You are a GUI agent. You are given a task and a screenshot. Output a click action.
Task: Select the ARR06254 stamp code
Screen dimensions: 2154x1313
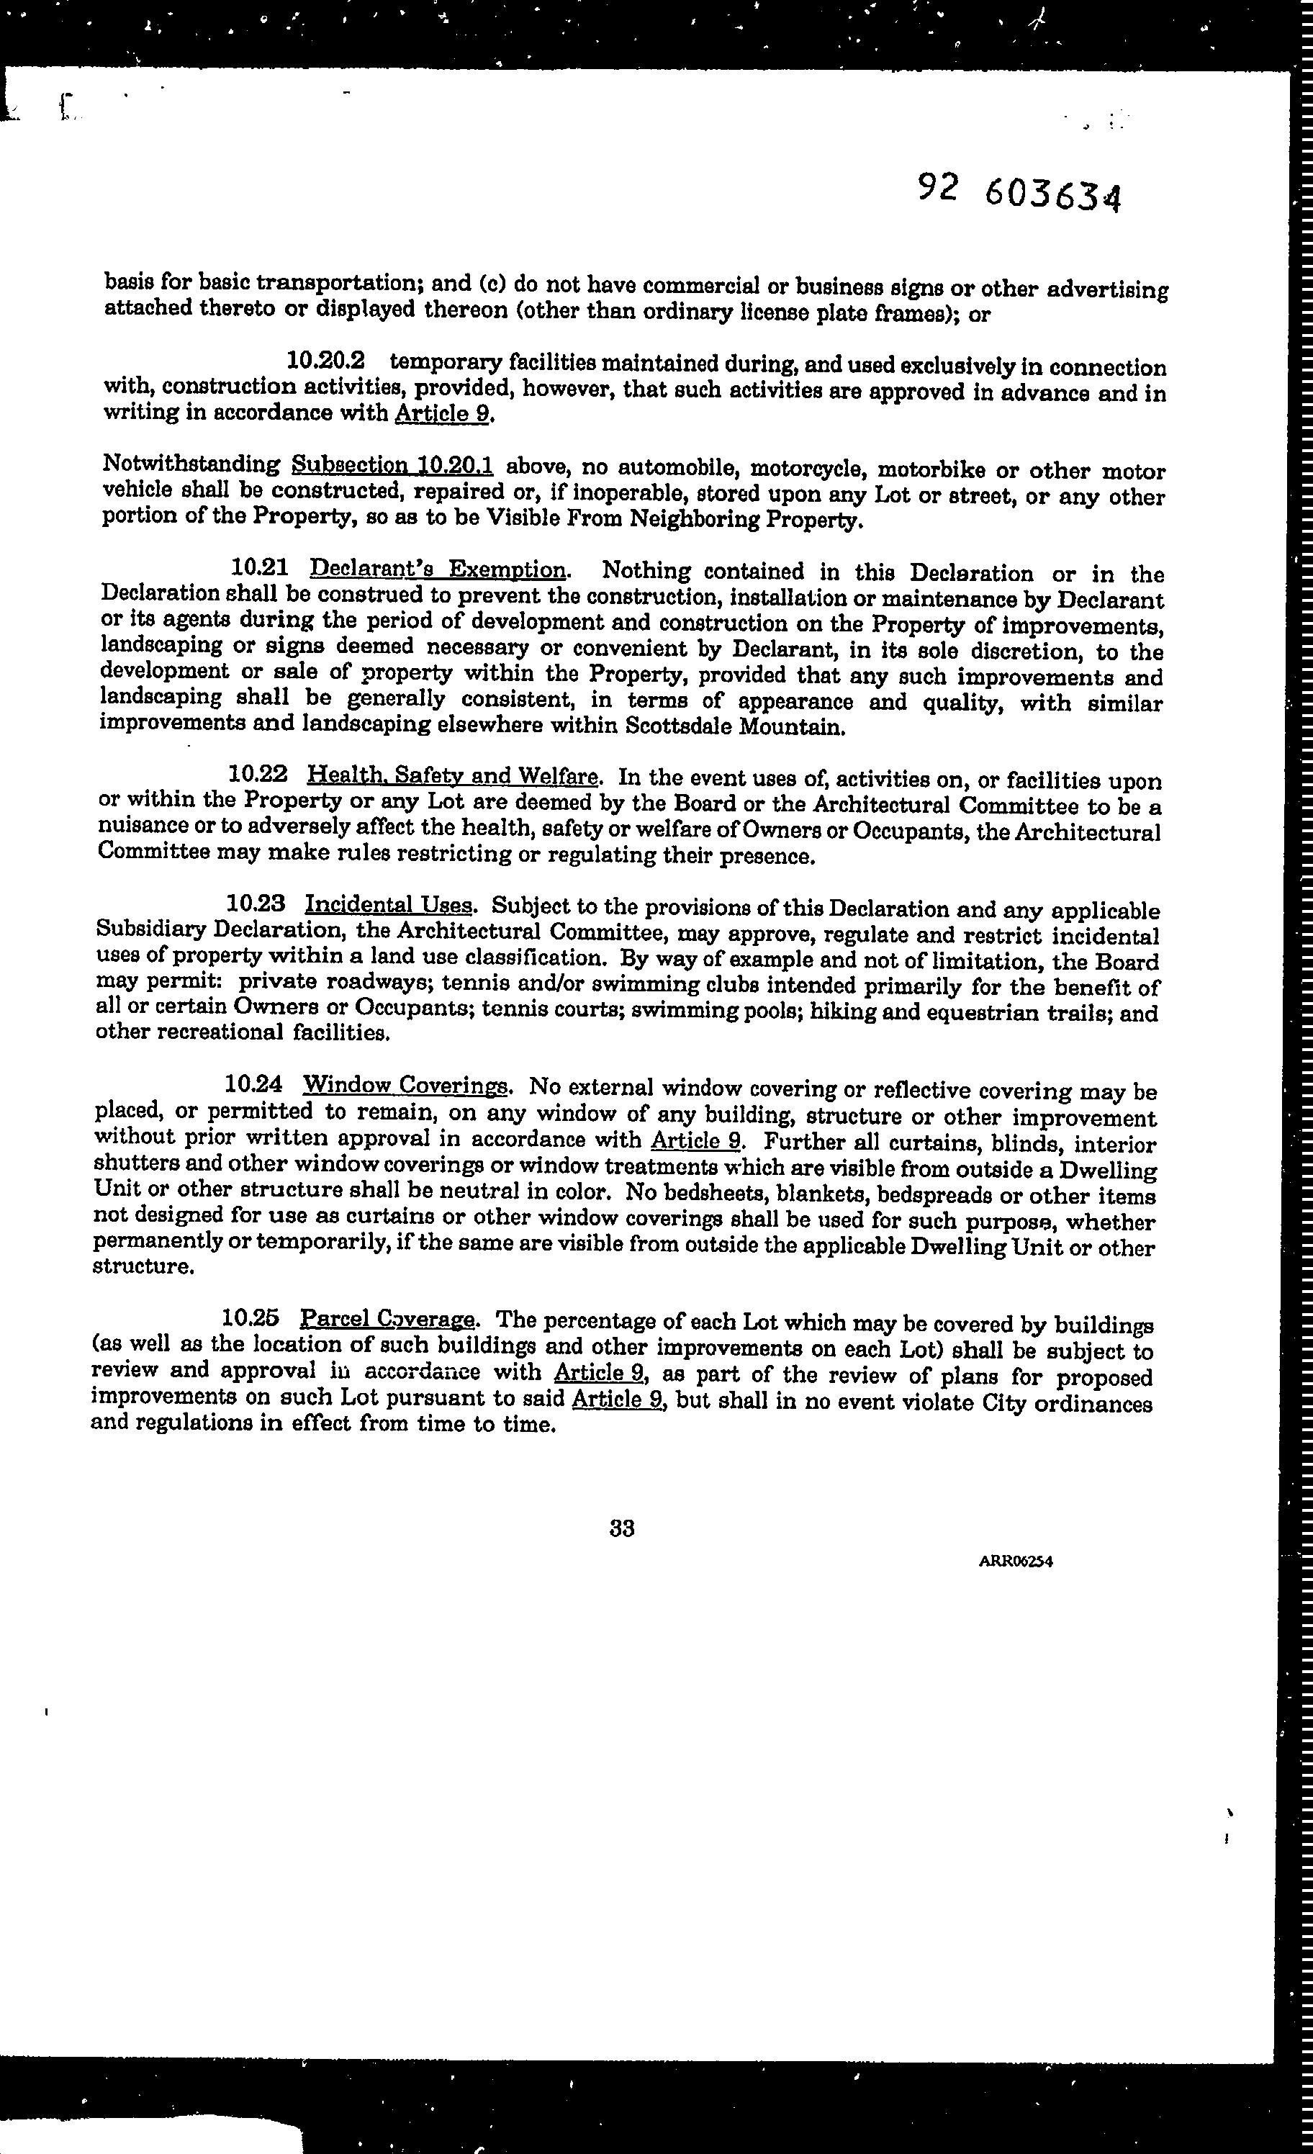(x=1015, y=1562)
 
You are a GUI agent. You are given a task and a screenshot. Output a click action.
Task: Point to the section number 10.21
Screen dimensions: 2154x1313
(x=260, y=567)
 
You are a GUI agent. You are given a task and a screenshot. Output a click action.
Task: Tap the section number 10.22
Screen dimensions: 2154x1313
(x=257, y=775)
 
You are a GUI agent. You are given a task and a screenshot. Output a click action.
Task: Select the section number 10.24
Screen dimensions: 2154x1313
(x=253, y=1084)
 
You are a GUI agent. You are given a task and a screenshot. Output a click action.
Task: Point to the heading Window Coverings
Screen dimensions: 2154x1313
(x=404, y=1086)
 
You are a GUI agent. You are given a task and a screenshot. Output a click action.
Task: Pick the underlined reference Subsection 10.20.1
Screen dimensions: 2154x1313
(x=392, y=464)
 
